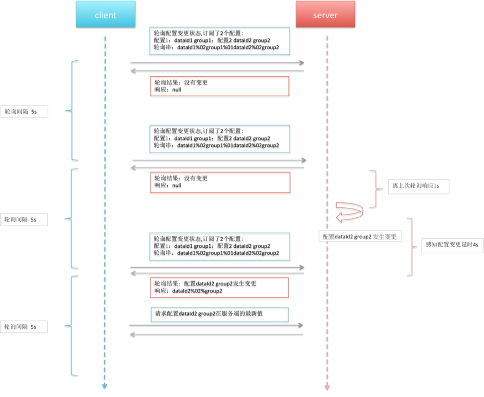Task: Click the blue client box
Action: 106,14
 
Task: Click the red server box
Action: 325,14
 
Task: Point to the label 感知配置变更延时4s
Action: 452,245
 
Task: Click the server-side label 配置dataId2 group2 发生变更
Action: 360,237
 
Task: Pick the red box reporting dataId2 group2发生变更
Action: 219,288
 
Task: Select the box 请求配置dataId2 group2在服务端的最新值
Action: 219,315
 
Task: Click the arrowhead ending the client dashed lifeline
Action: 105,385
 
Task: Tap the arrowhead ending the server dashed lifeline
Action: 327,386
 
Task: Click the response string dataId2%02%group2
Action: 197,291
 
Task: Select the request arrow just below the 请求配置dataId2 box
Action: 216,325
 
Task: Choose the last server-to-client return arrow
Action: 216,335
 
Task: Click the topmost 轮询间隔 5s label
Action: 24,112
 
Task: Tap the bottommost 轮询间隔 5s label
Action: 24,327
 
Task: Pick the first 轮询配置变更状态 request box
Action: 220,41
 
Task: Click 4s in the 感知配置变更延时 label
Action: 475,245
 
